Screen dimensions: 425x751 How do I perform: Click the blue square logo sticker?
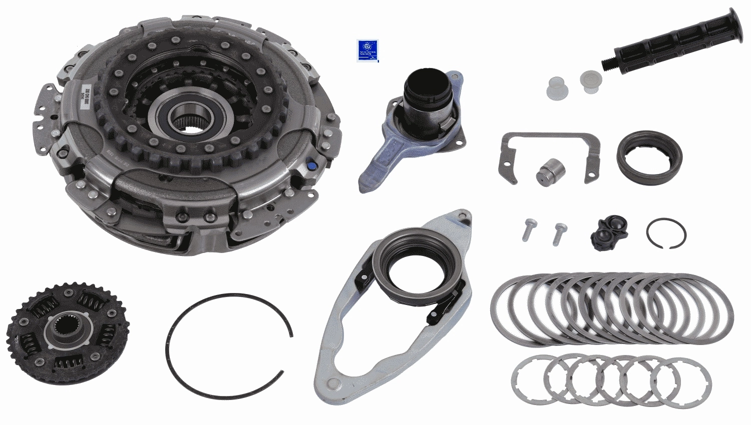[x=367, y=50]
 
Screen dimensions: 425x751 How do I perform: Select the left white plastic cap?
[x=557, y=88]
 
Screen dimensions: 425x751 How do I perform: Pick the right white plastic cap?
[x=591, y=81]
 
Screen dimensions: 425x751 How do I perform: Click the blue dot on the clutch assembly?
[x=311, y=164]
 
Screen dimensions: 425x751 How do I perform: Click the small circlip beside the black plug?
[x=665, y=233]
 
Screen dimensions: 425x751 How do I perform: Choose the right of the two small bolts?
[x=559, y=233]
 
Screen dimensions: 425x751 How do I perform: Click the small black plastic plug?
[x=609, y=232]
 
